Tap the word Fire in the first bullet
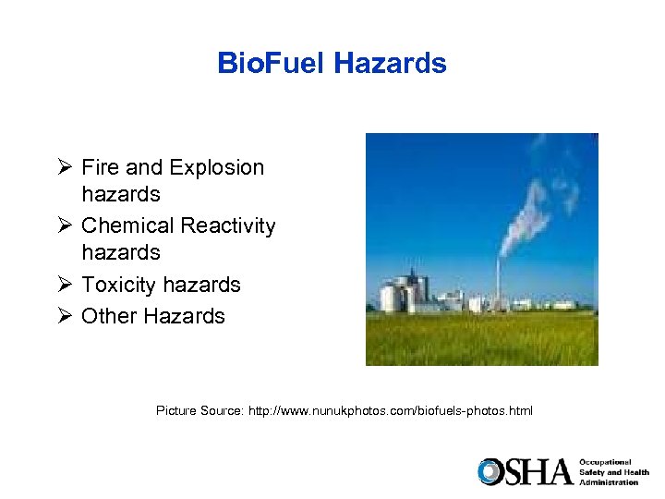[x=100, y=167]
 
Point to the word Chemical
[x=127, y=225]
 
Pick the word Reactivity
[x=228, y=225]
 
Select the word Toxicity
[x=121, y=285]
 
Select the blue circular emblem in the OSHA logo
[x=490, y=471]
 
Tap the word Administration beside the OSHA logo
[x=609, y=482]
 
